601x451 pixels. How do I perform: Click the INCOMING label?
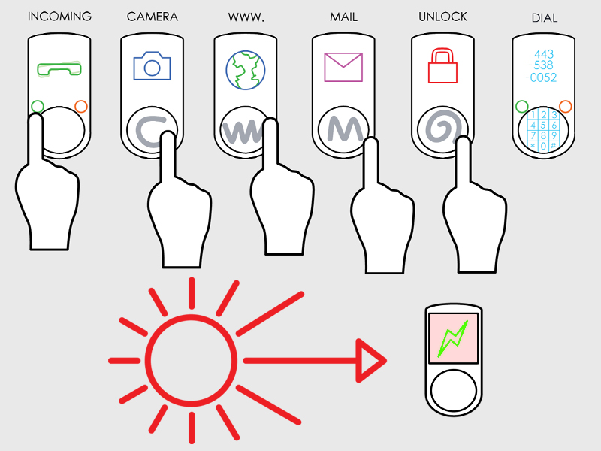(59, 16)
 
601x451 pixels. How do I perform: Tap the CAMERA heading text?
(153, 17)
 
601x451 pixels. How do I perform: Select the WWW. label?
(246, 17)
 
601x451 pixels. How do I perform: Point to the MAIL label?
(344, 17)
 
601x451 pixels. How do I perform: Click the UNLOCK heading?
(442, 17)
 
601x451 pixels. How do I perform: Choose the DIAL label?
(545, 18)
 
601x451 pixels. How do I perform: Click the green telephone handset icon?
(59, 69)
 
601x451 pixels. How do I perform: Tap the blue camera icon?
(153, 66)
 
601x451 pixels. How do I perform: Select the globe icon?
(246, 70)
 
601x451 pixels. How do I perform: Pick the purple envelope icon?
(343, 67)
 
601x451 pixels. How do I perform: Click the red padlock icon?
(442, 65)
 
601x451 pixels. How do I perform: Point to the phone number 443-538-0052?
(541, 65)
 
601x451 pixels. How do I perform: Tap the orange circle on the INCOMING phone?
(81, 107)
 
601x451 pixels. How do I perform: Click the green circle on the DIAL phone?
(522, 107)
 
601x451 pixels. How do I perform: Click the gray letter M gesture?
(345, 129)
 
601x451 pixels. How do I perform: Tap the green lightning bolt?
(454, 338)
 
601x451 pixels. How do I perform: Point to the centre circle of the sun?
(192, 361)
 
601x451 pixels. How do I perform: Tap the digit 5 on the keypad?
(543, 126)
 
